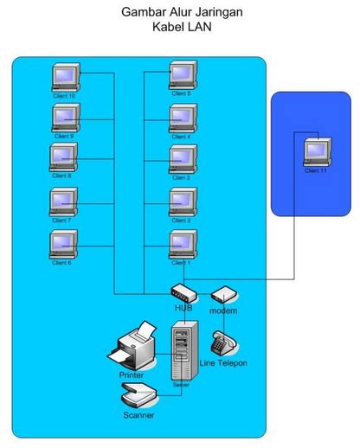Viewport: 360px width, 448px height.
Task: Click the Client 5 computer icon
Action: (x=183, y=75)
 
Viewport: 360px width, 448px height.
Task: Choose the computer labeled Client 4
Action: (x=183, y=118)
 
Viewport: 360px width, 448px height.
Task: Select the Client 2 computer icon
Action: (x=183, y=202)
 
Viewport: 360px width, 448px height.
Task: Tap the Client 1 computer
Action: (x=183, y=243)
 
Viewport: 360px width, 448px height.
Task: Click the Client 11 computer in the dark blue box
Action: (x=318, y=152)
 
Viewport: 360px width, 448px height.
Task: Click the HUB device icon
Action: (x=183, y=293)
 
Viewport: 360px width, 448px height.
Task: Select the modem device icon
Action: (x=223, y=295)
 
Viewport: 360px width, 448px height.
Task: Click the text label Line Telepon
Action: (x=223, y=364)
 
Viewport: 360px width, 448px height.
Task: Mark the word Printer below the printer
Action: (x=132, y=375)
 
